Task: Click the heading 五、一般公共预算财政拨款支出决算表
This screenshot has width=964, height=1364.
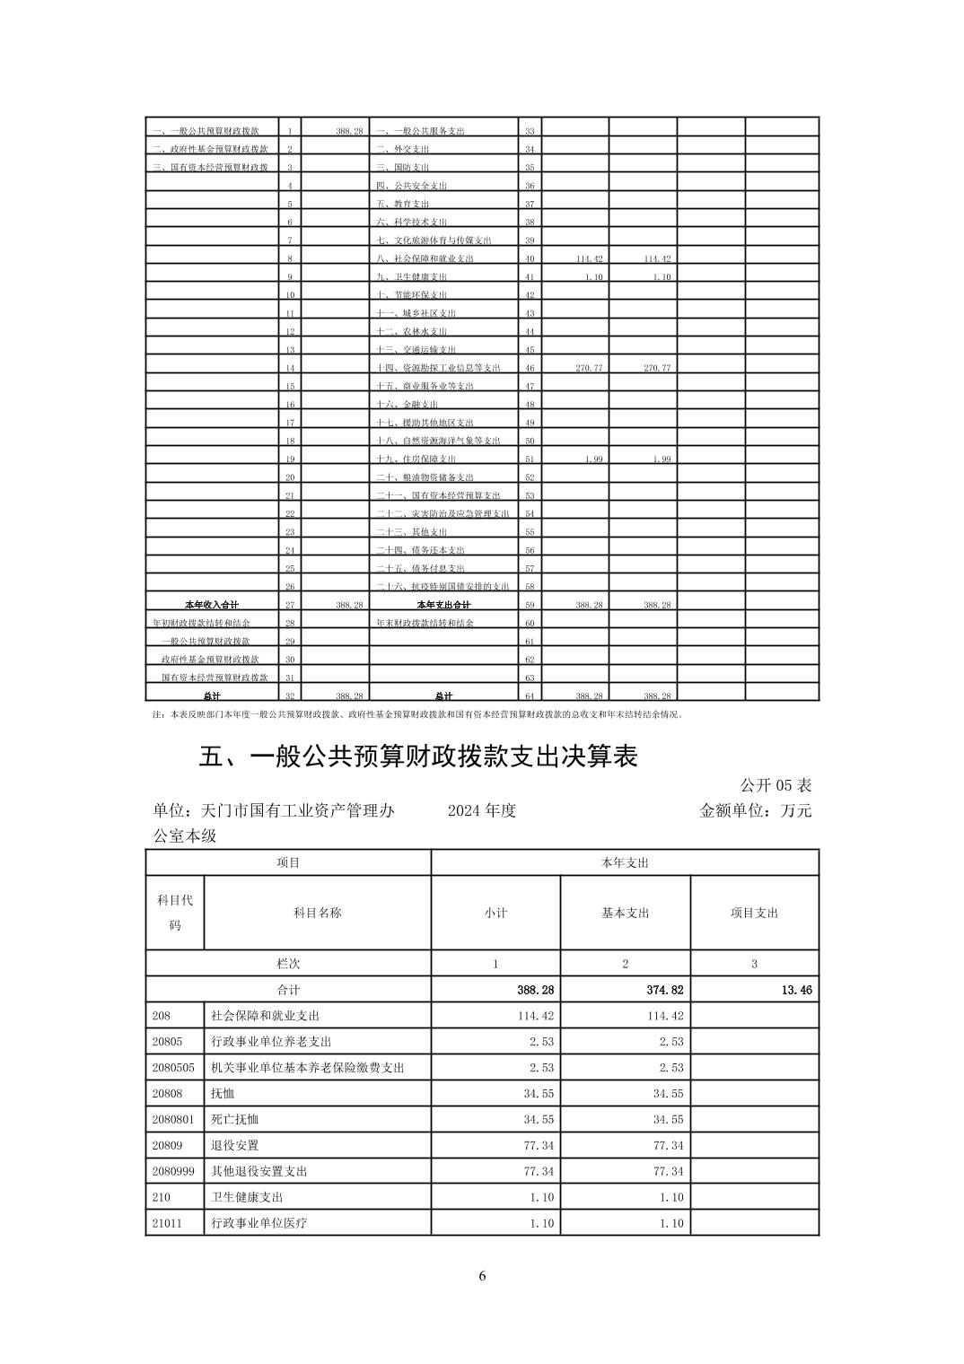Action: [417, 757]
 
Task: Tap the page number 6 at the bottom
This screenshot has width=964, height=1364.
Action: [482, 1275]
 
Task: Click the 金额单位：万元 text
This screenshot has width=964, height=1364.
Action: [755, 810]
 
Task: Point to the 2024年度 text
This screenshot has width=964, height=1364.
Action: [482, 810]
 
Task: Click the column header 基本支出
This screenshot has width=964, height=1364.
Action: [625, 913]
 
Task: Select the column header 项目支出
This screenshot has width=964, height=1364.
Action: [754, 913]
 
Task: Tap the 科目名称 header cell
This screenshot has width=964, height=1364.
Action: [317, 913]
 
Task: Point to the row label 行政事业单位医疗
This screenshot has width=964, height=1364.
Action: [259, 1223]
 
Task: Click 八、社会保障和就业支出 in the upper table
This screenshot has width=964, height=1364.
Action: [425, 258]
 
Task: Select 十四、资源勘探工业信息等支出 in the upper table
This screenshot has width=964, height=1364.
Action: [438, 368]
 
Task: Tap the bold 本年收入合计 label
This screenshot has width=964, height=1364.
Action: [211, 605]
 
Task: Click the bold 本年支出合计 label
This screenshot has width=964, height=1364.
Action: [443, 605]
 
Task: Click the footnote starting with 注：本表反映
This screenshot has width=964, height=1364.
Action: [418, 715]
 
